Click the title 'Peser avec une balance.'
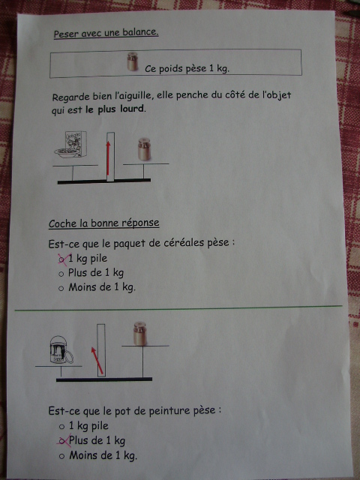coord(106,33)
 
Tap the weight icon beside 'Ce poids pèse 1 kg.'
coord(133,61)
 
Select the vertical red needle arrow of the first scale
coord(108,158)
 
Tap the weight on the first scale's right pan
coord(144,149)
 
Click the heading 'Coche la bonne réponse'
coord(103,223)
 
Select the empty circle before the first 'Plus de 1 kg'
coord(61,274)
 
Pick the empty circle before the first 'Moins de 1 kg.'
coord(61,288)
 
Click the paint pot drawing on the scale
coord(61,349)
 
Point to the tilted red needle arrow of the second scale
coord(97,361)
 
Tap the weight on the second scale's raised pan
coord(140,334)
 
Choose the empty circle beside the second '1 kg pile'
coord(61,427)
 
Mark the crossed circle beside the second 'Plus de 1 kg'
coord(62,441)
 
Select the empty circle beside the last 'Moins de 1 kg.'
coord(61,456)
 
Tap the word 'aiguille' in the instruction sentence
coord(133,96)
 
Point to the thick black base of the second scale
coord(104,379)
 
